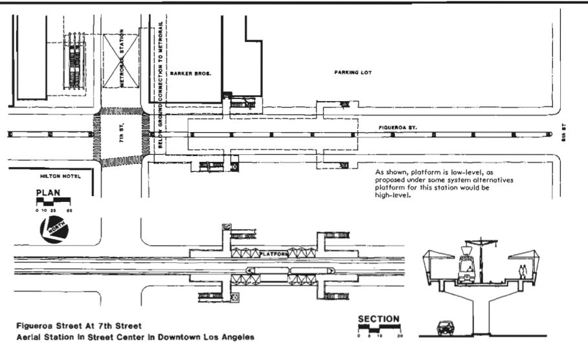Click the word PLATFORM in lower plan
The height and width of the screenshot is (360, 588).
click(273, 254)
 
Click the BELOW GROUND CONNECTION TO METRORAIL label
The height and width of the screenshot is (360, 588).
click(159, 84)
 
